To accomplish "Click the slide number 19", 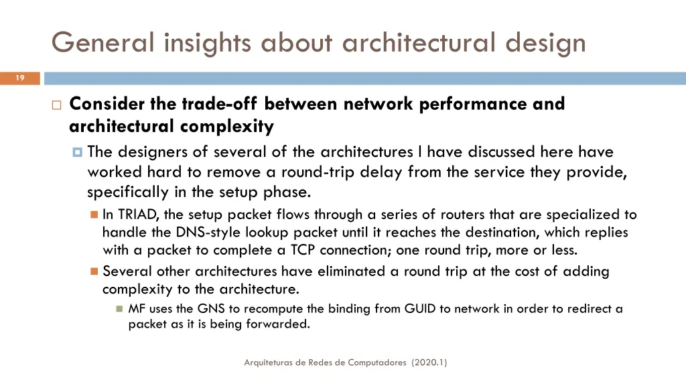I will click(19, 78).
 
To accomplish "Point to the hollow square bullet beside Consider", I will click(56, 105).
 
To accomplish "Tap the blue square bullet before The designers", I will click(77, 153).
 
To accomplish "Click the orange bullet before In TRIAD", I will click(94, 215).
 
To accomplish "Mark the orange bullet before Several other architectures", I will click(94, 271).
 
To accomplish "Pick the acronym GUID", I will click(421, 309).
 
